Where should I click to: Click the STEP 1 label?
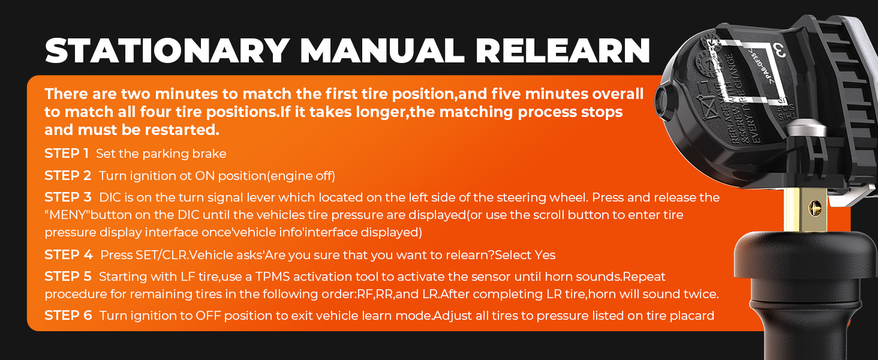pos(67,154)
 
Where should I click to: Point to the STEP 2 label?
pos(68,176)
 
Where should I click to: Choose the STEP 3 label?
pos(68,197)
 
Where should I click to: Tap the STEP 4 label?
pos(68,255)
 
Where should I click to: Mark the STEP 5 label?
pos(68,277)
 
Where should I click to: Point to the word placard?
pos(691,316)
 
